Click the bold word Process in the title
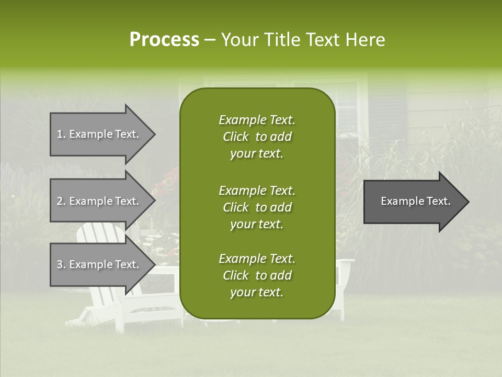coord(164,40)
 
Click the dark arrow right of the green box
coord(413,201)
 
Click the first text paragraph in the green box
coord(257,137)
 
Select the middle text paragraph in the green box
coord(257,207)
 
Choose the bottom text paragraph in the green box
coord(257,275)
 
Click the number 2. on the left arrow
coord(61,201)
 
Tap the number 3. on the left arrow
coord(61,264)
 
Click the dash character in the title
coord(210,40)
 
